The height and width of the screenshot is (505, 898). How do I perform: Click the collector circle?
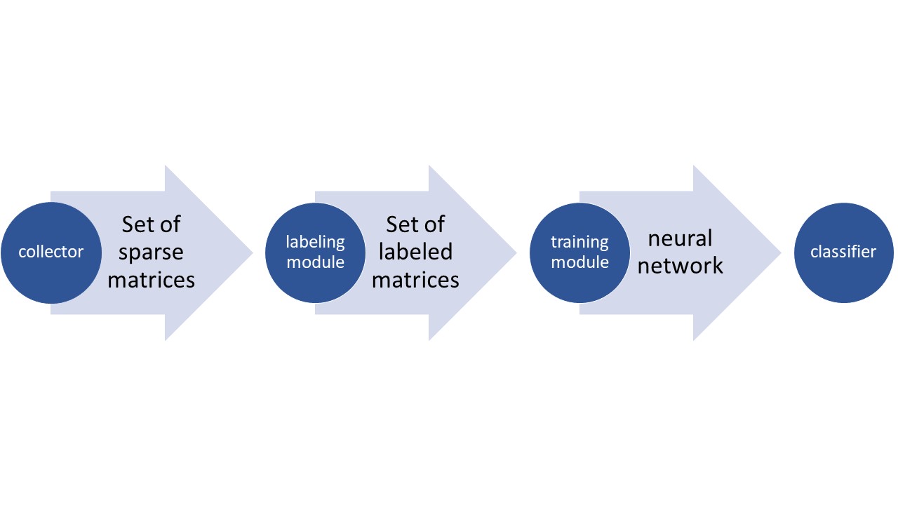(x=51, y=252)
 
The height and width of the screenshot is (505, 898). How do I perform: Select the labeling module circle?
(x=315, y=252)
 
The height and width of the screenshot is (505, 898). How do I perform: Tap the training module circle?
(x=579, y=252)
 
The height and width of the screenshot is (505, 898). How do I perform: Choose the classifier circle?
(x=843, y=252)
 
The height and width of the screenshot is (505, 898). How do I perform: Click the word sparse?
(x=151, y=252)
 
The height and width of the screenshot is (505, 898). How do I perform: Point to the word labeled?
(x=415, y=252)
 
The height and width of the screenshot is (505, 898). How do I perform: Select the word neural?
(x=680, y=238)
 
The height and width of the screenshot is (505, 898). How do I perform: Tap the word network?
(x=680, y=266)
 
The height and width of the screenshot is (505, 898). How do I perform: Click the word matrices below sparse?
(x=151, y=280)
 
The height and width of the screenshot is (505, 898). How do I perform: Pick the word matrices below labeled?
(x=415, y=280)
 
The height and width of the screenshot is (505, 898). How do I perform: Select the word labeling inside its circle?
(x=315, y=242)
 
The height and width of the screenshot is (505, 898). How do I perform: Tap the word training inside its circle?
(x=579, y=242)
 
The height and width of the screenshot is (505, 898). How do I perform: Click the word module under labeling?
(x=315, y=262)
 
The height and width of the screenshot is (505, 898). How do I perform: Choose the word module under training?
(x=579, y=262)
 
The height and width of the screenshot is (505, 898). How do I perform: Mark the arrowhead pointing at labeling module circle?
(x=217, y=252)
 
